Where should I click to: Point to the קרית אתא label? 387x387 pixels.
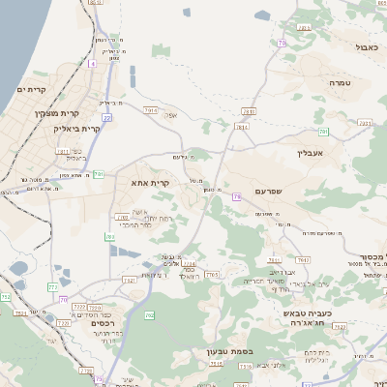click(150, 181)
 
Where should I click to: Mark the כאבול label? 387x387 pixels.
click(367, 45)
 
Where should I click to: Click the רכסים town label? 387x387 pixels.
click(104, 323)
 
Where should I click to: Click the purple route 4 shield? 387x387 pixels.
click(93, 63)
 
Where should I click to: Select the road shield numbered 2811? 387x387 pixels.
click(248, 111)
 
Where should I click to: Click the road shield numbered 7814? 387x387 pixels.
click(241, 127)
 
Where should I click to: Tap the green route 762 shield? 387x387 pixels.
click(149, 314)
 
